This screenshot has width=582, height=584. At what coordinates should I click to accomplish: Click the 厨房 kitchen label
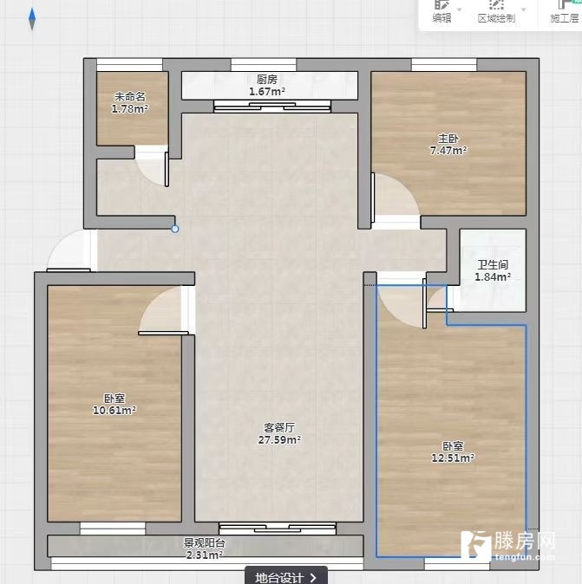click(x=267, y=80)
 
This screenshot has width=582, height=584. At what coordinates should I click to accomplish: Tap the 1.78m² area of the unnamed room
click(x=130, y=109)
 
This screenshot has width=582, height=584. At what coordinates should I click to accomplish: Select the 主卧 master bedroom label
click(x=448, y=139)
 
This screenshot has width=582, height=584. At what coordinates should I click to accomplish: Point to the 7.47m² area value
click(x=448, y=151)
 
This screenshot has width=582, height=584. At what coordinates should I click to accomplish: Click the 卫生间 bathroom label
click(x=493, y=265)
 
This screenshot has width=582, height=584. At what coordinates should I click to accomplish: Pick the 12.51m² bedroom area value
click(x=453, y=457)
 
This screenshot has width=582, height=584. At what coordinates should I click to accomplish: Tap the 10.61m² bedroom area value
click(x=114, y=411)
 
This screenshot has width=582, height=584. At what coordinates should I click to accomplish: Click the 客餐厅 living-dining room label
click(x=279, y=427)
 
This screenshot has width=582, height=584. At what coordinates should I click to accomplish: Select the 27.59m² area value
click(x=279, y=440)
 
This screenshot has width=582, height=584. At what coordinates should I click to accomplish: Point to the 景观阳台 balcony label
click(x=205, y=542)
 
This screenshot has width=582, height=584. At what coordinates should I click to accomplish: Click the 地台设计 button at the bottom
click(x=286, y=576)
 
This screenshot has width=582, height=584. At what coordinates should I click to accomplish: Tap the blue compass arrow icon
click(x=32, y=19)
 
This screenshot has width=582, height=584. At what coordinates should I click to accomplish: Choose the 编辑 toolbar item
click(x=442, y=11)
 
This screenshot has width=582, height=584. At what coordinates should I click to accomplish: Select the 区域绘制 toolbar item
click(x=497, y=11)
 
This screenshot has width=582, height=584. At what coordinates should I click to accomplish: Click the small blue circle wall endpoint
click(x=175, y=229)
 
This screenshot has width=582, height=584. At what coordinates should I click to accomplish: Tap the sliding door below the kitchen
click(x=272, y=107)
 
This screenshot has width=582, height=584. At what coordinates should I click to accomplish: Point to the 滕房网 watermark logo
click(x=507, y=546)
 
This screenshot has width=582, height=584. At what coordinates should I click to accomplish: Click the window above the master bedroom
click(x=444, y=65)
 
